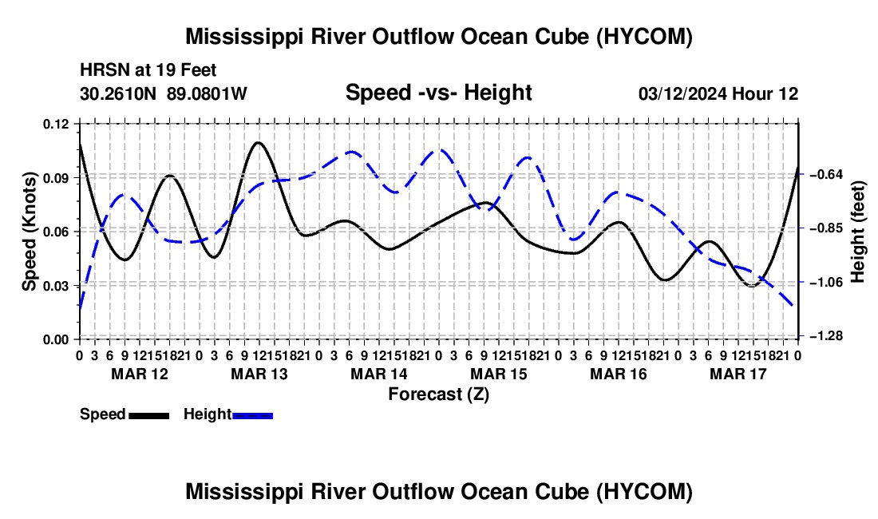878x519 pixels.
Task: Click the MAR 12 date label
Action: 140,374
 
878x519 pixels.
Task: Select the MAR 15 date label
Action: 498,374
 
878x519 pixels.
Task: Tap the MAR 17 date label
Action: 738,374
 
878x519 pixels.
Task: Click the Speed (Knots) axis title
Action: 29,232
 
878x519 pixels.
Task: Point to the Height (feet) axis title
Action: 857,232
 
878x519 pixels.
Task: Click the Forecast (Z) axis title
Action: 438,394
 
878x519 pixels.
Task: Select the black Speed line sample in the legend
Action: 149,415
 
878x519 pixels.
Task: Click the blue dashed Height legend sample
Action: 252,415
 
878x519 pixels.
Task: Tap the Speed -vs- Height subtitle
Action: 438,93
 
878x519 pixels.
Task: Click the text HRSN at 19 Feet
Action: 148,70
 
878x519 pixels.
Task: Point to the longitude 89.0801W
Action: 207,93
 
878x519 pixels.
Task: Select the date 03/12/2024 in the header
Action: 682,93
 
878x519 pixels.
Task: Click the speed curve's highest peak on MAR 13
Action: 258,142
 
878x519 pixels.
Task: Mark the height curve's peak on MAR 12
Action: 124,194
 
